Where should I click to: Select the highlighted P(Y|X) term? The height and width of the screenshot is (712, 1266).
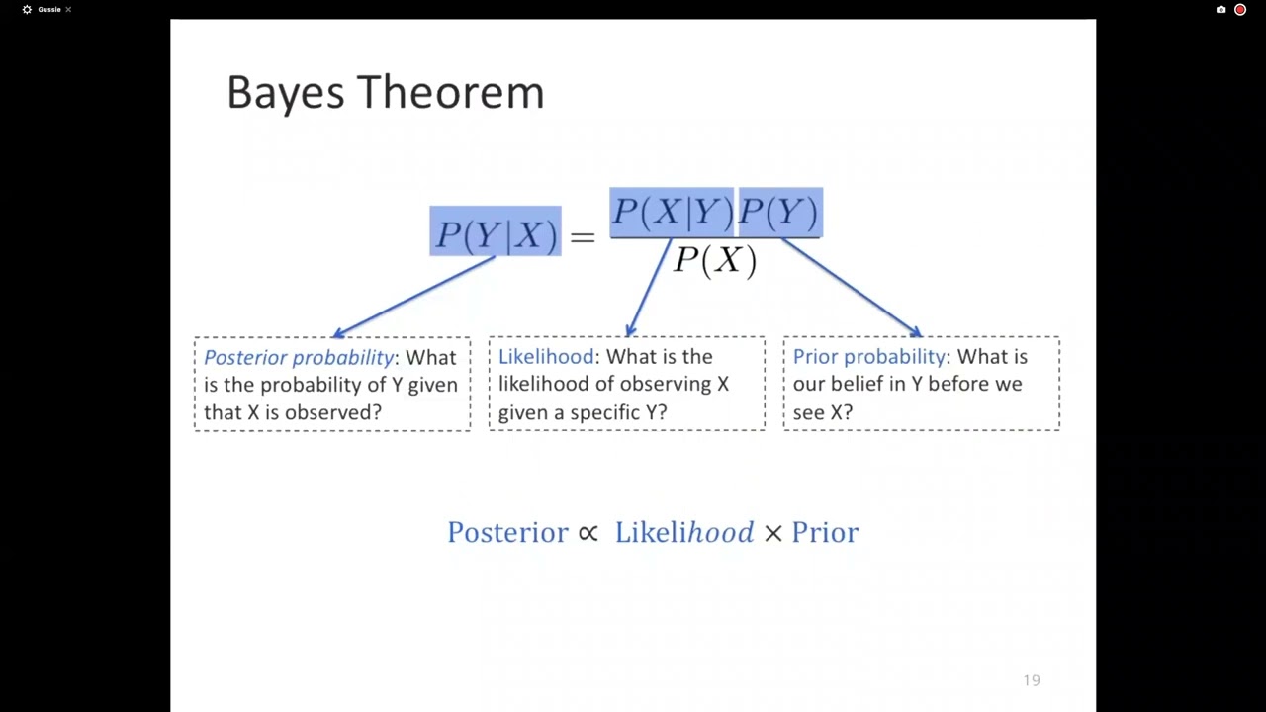pyautogui.click(x=495, y=233)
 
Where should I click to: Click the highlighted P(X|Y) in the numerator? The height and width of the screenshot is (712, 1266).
pyautogui.click(x=672, y=213)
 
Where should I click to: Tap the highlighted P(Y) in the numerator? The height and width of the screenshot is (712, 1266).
pyautogui.click(x=779, y=213)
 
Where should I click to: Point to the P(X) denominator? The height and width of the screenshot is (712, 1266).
pyautogui.click(x=715, y=260)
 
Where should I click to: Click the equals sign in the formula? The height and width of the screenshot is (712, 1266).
pyautogui.click(x=583, y=235)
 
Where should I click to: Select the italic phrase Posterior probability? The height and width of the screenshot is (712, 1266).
pyautogui.click(x=299, y=357)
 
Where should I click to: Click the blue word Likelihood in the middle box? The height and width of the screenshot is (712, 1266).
pyautogui.click(x=546, y=356)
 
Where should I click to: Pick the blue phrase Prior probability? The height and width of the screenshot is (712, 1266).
pyautogui.click(x=868, y=356)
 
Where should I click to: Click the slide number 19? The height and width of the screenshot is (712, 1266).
pyautogui.click(x=1032, y=680)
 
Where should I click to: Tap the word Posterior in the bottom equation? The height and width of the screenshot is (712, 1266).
pyautogui.click(x=507, y=533)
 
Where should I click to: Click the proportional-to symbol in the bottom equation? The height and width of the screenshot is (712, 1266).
pyautogui.click(x=588, y=533)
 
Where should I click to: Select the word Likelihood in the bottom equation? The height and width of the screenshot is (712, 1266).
pyautogui.click(x=683, y=533)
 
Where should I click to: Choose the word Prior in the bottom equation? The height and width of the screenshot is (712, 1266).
pyautogui.click(x=825, y=533)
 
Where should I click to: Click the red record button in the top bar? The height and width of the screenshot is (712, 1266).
pyautogui.click(x=1240, y=10)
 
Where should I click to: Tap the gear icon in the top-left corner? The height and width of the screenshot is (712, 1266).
pyautogui.click(x=27, y=10)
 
